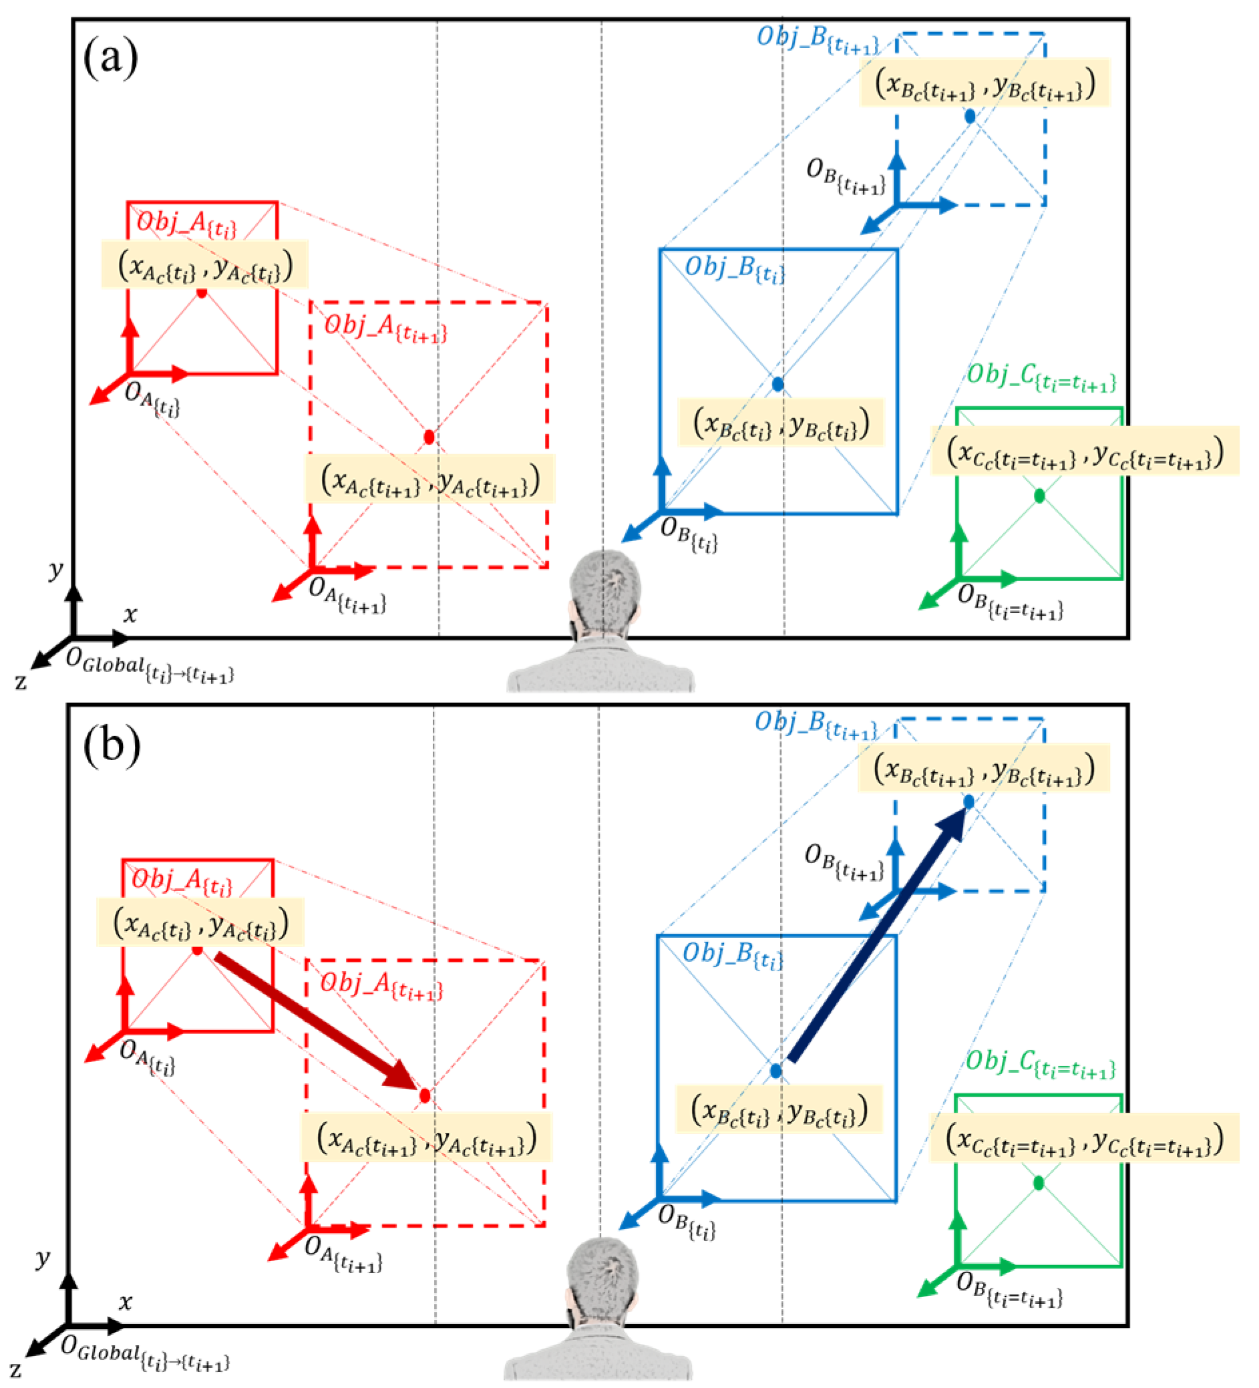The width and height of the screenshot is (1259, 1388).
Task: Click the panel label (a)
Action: [110, 58]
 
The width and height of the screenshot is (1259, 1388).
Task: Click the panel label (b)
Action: [112, 745]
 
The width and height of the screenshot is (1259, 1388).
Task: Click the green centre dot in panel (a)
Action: [1039, 496]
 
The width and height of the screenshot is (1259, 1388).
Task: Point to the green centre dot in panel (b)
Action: [1039, 1183]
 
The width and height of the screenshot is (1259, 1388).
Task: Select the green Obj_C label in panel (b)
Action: [1039, 1064]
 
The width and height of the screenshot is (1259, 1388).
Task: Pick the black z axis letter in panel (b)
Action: [15, 1369]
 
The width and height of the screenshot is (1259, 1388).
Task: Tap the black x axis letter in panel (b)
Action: [126, 1302]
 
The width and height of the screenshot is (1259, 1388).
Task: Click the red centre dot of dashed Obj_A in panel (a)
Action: [429, 438]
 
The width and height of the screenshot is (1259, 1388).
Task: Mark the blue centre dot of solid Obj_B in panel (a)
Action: [778, 384]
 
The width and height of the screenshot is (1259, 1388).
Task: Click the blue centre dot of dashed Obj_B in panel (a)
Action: [970, 116]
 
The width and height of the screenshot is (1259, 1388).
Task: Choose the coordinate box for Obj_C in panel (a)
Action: [1085, 451]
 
